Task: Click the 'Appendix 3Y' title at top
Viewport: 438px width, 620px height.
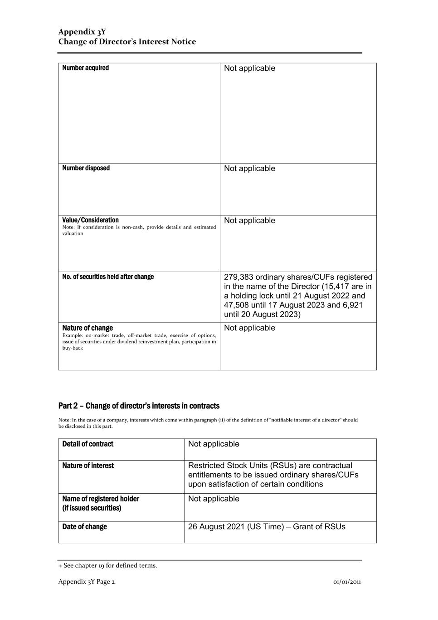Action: [82, 32]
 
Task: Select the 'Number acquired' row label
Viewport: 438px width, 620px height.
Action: [85, 68]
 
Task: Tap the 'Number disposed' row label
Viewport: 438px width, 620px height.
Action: [86, 168]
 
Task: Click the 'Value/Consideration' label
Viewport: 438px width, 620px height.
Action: [90, 220]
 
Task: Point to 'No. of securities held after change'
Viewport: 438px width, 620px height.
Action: [108, 277]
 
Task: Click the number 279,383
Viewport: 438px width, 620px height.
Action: [238, 277]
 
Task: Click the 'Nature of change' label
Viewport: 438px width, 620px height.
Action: [88, 328]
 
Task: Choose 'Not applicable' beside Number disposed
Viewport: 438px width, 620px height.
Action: [249, 169]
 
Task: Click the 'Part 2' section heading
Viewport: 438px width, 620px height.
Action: [139, 406]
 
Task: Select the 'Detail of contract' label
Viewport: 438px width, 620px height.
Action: [88, 444]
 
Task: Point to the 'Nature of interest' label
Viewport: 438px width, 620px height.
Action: [88, 466]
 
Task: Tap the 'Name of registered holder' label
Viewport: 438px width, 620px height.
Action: [101, 499]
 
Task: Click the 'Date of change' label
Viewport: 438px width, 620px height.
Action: [84, 527]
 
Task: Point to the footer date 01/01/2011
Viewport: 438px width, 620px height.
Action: [347, 582]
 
